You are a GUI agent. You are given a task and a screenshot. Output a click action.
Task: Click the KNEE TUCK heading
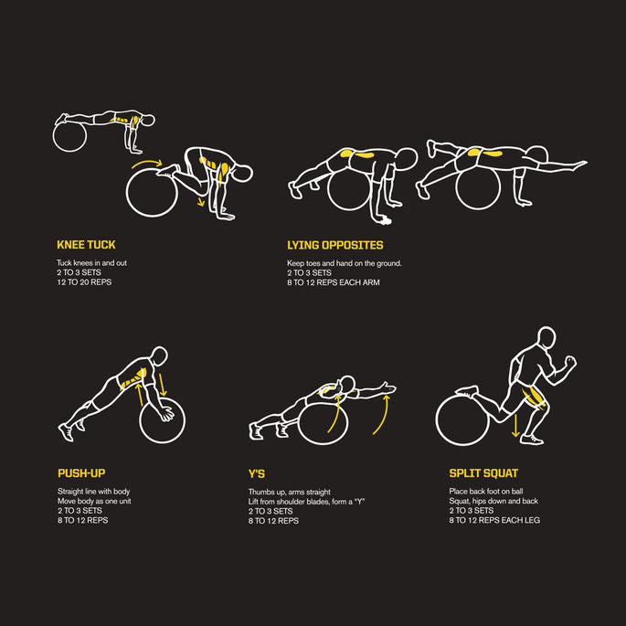[86, 245]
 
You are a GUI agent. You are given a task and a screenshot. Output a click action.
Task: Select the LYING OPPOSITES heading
[335, 245]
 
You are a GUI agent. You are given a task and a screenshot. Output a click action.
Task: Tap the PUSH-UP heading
[81, 473]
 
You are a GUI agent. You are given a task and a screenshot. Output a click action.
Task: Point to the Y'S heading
[256, 474]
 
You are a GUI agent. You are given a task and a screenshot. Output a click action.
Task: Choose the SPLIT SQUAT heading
[483, 473]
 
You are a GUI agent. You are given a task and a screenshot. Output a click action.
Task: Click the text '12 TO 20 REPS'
[84, 281]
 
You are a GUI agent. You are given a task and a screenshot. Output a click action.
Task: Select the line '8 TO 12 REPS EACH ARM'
[334, 282]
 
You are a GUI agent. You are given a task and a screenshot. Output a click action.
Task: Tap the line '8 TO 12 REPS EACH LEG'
[494, 520]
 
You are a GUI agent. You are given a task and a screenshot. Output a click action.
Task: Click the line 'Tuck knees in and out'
[91, 262]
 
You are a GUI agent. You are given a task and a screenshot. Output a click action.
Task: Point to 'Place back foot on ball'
[486, 491]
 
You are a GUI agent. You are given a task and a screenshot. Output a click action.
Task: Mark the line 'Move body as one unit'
[94, 501]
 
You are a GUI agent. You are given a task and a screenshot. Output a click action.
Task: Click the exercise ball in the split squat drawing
[462, 420]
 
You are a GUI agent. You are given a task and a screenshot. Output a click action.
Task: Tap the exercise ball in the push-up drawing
[162, 420]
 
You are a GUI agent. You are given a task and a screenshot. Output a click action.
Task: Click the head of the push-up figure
[159, 355]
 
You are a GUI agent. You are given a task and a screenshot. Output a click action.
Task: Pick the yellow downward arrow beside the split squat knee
[515, 426]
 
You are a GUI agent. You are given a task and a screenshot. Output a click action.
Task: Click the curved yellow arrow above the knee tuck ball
[147, 163]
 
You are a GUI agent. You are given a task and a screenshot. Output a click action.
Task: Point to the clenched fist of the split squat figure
[570, 362]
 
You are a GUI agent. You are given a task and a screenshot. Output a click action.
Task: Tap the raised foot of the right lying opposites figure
[431, 147]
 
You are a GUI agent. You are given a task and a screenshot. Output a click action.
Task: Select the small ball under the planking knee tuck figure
[69, 136]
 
